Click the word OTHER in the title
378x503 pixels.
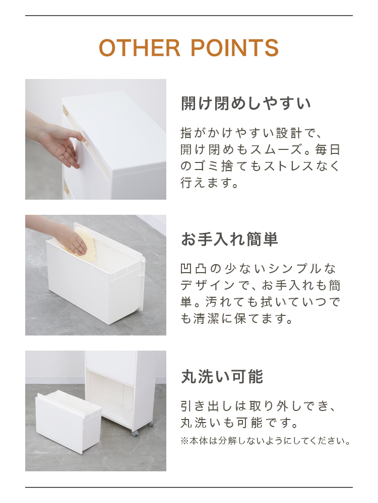coord(140,48)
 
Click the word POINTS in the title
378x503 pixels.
coord(235,48)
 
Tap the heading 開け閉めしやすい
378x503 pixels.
coord(246,103)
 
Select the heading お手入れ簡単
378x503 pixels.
coord(229,239)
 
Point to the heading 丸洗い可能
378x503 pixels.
coord(222,376)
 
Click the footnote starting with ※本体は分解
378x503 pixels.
coord(266,441)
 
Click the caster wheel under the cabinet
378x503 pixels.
coord(135,434)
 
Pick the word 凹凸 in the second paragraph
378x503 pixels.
coord(193,269)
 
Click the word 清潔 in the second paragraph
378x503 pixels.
coord(206,318)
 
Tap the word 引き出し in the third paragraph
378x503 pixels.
coord(206,406)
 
